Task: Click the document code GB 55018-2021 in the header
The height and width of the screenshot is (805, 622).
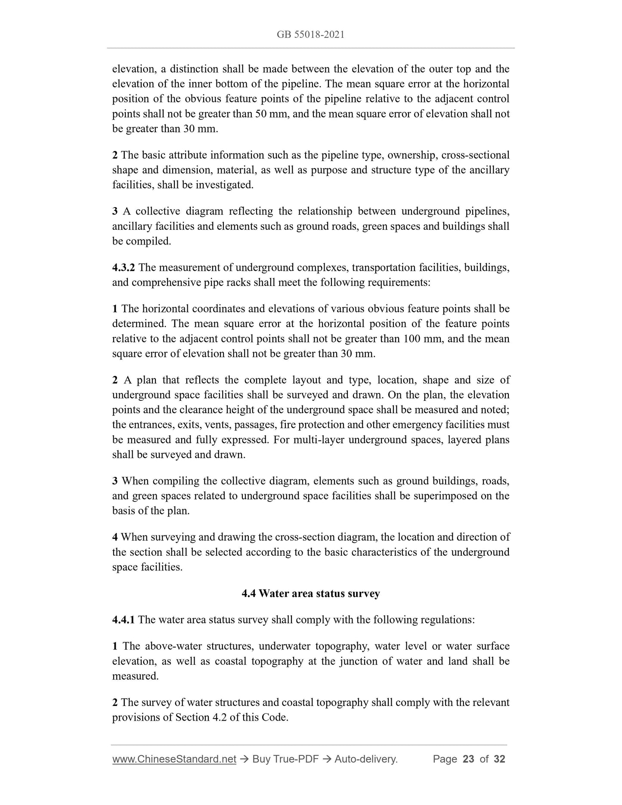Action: (310, 35)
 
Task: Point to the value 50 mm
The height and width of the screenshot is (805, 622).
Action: (268, 114)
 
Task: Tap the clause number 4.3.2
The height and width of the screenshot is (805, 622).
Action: (124, 268)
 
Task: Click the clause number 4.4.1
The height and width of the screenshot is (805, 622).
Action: (124, 620)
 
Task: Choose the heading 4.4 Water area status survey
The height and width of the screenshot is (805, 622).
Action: (310, 594)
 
